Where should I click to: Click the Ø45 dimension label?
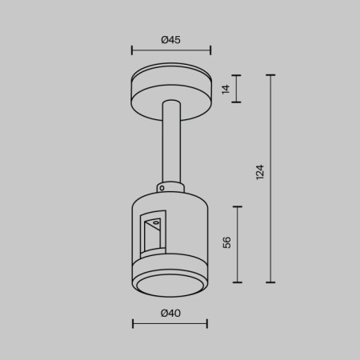point(170,39)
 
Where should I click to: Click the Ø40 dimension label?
point(170,314)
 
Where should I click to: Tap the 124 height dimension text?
point(259,172)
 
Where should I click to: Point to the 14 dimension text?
point(226,90)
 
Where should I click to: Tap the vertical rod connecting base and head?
point(170,144)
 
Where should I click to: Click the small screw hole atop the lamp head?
point(163,188)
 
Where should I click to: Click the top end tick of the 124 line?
point(272,76)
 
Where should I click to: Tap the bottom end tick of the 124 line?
point(272,282)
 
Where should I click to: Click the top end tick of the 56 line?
point(238,206)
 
